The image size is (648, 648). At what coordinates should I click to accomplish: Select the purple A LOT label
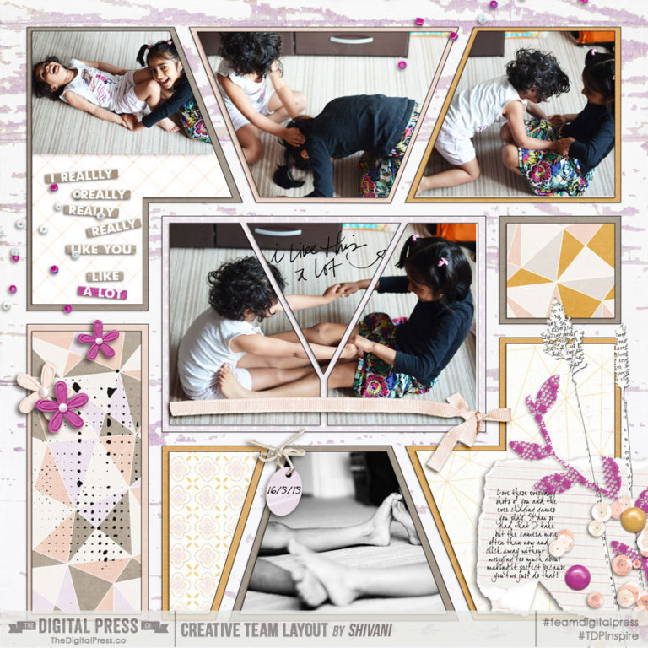[102, 293]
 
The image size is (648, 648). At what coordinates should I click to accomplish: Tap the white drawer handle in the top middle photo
[350, 40]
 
